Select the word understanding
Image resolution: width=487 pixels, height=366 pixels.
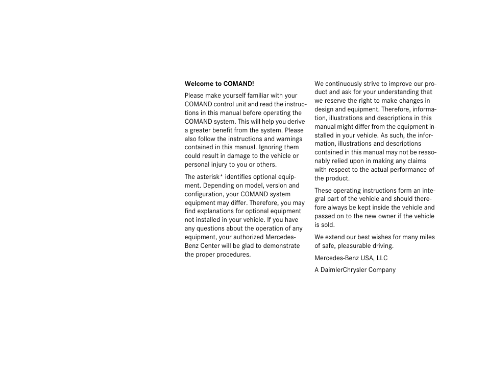coord(398,93)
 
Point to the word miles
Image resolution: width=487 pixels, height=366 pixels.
coord(426,237)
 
